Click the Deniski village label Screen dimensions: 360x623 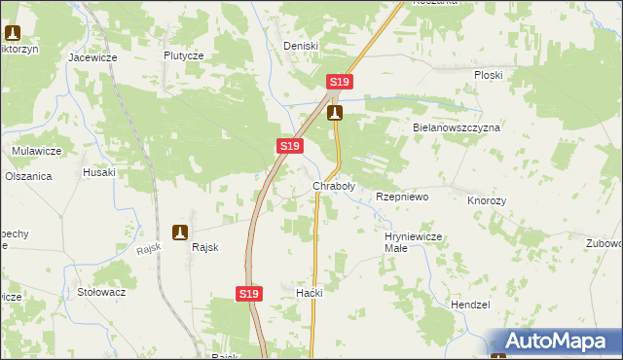click(300, 46)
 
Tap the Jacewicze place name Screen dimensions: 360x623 click(92, 57)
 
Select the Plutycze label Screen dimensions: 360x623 click(183, 55)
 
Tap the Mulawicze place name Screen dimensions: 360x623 click(37, 151)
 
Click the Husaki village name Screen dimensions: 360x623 click(99, 172)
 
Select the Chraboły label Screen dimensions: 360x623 click(333, 185)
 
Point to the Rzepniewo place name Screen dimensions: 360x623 click(402, 197)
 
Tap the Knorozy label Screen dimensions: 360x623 click(487, 199)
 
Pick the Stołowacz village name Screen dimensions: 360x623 click(101, 291)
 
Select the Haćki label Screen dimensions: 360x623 click(309, 293)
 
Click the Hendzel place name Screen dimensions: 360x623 click(470, 305)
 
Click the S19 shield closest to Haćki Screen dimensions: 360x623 click(249, 293)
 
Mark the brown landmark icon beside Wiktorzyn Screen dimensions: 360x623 click(12, 31)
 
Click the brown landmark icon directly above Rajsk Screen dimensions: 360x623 click(180, 232)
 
